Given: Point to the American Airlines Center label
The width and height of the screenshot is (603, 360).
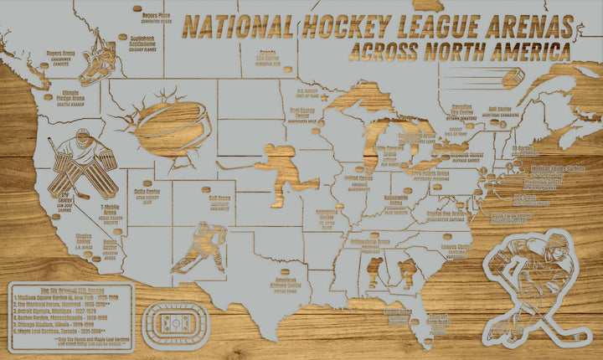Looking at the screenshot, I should point(286,288).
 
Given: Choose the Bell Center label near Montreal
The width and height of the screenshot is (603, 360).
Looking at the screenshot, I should point(499,110).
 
